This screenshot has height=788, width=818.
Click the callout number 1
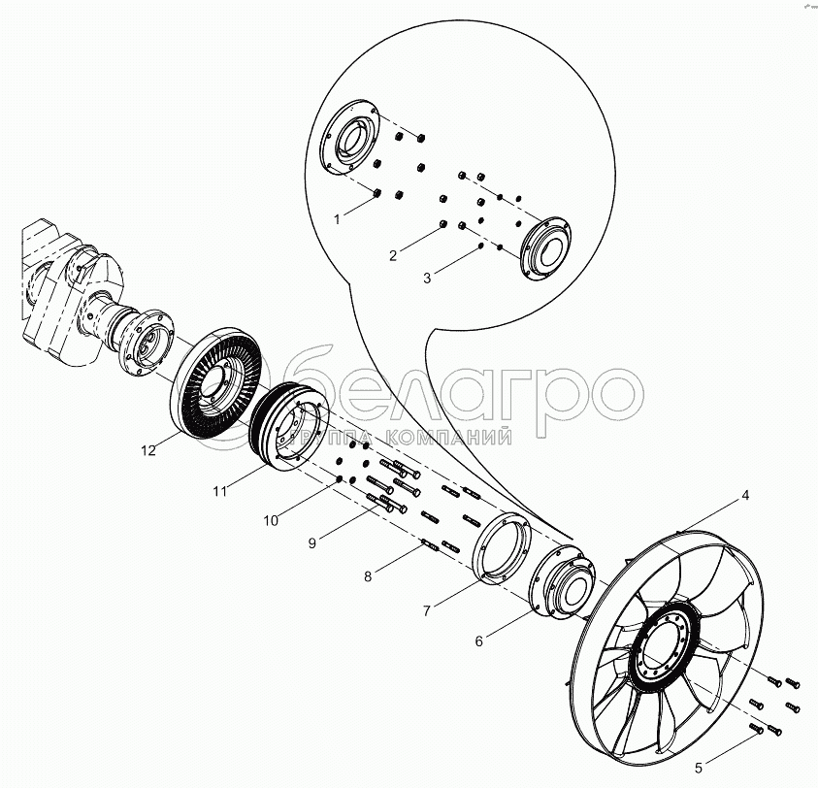tap(337, 220)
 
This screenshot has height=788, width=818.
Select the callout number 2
tap(393, 256)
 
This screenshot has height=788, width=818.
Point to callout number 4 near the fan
tap(745, 495)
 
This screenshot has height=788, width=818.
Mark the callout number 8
tap(367, 576)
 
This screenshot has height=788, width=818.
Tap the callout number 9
tap(312, 543)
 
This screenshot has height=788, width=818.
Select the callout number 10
tap(270, 520)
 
